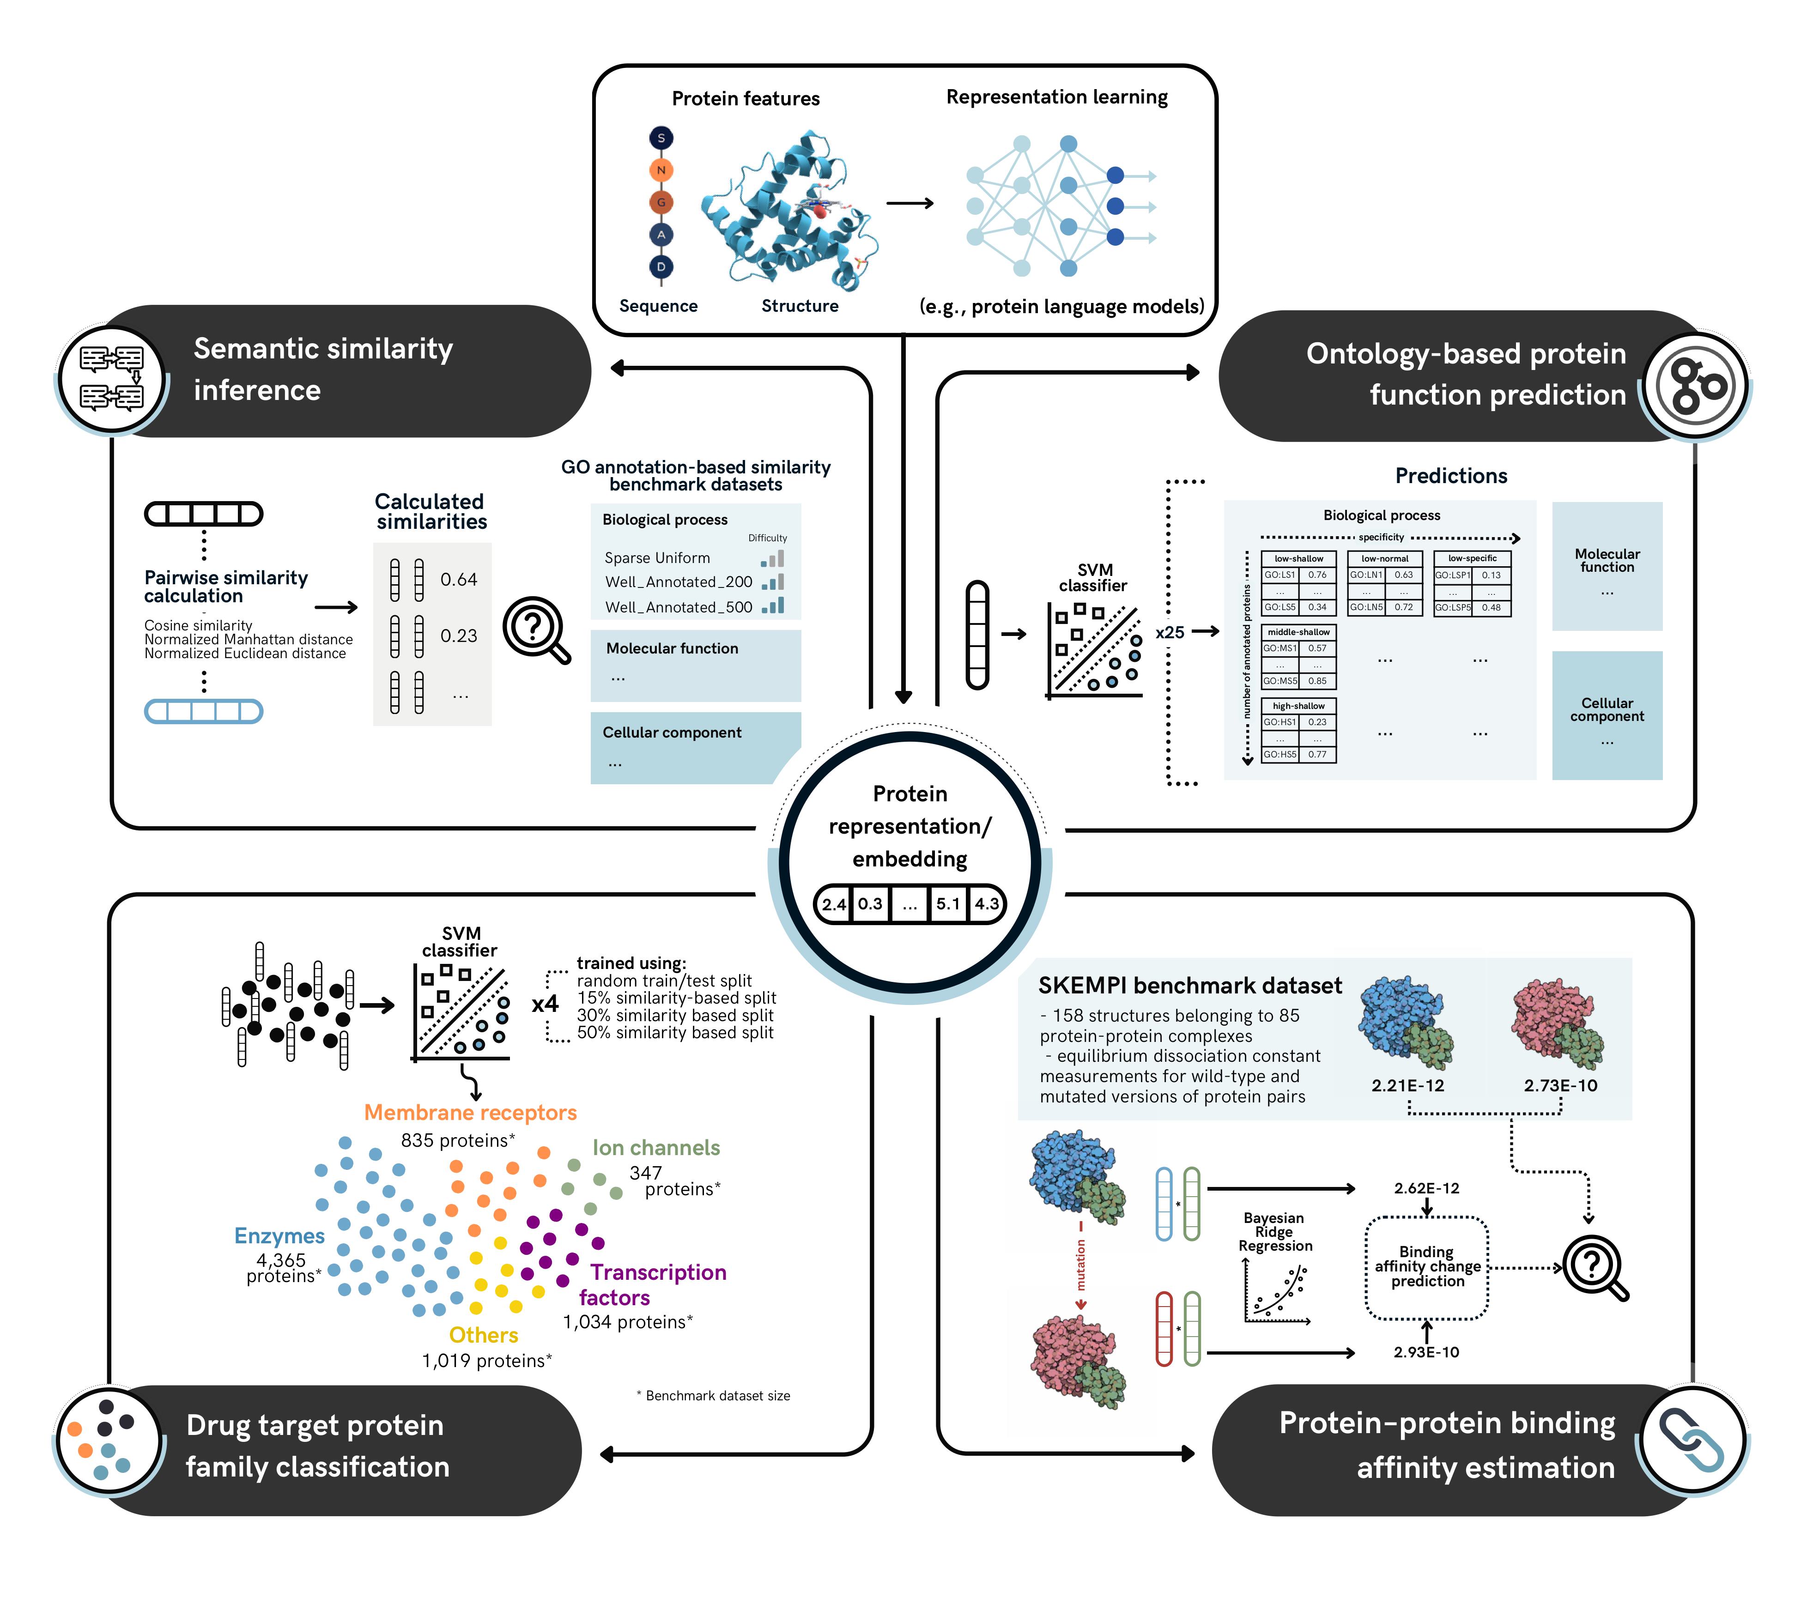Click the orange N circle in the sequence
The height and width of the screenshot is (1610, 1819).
(661, 170)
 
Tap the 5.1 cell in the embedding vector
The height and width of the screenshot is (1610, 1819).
(948, 903)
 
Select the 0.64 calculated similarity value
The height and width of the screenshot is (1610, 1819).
(458, 579)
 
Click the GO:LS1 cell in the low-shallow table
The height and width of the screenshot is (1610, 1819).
(1279, 575)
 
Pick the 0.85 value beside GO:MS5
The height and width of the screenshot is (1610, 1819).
(1317, 681)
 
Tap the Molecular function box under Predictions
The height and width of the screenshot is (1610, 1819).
(1607, 566)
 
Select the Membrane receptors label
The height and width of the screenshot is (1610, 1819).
(470, 1113)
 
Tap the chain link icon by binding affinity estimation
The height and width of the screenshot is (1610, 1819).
(1692, 1440)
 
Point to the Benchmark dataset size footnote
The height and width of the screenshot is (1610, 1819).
(714, 1396)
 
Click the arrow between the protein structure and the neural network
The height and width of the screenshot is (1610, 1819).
(909, 203)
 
